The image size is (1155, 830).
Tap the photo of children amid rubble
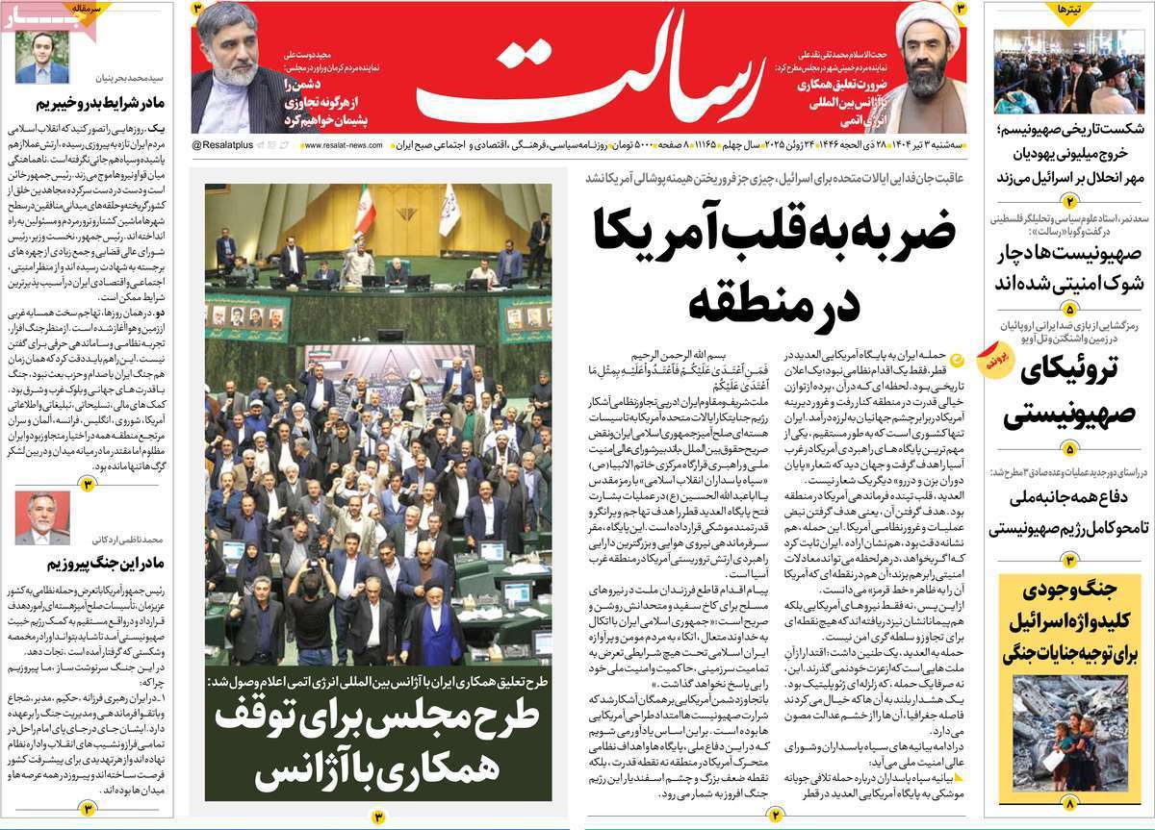(x=1069, y=732)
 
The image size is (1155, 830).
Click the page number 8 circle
(x=1067, y=801)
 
